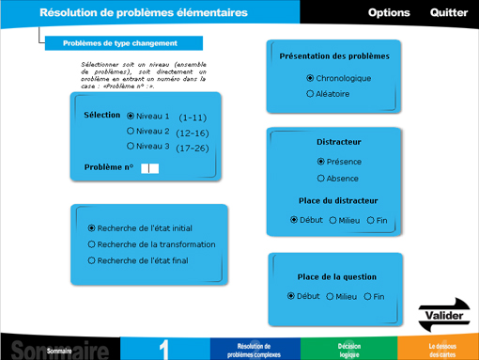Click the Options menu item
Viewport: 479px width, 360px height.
(389, 13)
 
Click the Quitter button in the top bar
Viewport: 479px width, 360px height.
(449, 13)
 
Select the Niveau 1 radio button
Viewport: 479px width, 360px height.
(131, 116)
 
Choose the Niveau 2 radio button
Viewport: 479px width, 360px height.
(131, 131)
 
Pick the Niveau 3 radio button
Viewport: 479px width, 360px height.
(131, 146)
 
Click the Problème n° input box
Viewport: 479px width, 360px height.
(149, 168)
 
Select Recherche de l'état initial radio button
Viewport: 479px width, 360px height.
(92, 227)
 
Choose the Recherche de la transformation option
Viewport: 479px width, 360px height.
(92, 244)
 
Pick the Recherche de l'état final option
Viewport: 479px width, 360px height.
(92, 260)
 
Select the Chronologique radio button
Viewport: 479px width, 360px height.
(311, 78)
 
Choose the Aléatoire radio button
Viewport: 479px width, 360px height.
(311, 94)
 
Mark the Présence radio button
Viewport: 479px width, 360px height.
(321, 162)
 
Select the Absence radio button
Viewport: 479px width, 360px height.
(321, 178)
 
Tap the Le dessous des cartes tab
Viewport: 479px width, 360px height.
(441, 350)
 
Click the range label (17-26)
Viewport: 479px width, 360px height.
(193, 148)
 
